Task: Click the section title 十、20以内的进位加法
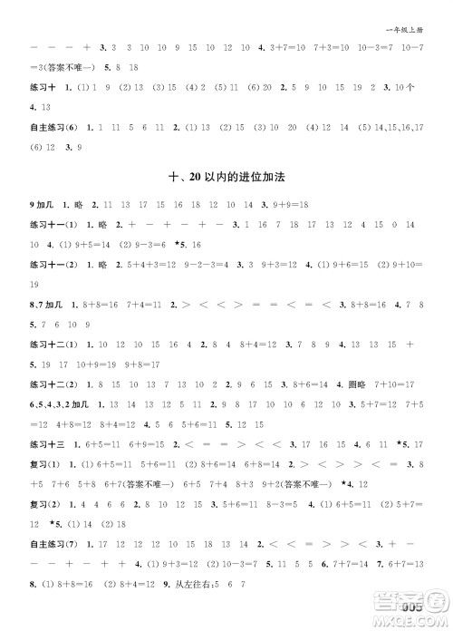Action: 226,178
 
